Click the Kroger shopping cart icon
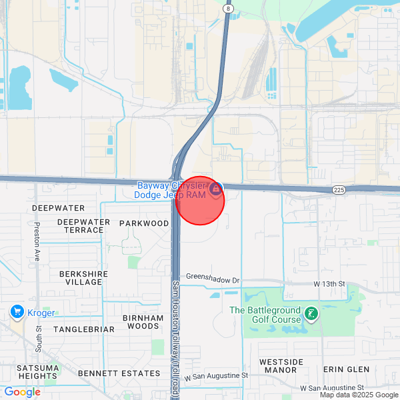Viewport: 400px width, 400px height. coord(17,312)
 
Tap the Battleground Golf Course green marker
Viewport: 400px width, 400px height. coord(310,313)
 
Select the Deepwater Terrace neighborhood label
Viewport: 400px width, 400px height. coord(83,226)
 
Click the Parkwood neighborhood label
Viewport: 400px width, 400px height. coord(144,223)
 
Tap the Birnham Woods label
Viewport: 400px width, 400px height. coord(143,322)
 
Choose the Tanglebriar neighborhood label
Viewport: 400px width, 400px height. coord(79,329)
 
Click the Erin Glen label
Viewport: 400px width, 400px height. coord(345,369)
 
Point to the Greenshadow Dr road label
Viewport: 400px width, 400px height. coord(212,277)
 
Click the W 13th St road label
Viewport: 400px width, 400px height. coord(329,284)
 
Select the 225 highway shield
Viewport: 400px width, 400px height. coord(339,191)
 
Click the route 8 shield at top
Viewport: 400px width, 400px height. coord(228,9)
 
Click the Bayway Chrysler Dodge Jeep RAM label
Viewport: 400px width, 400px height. coord(171,190)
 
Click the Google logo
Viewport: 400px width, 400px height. coord(22,392)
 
